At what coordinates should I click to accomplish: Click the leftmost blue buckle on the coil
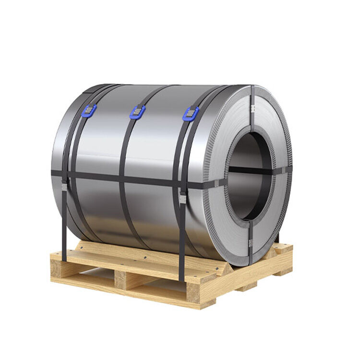coord(89,111)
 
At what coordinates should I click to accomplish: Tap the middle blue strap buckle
coord(137,112)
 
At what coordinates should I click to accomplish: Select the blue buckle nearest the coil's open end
coord(191,114)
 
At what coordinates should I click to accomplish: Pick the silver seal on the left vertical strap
coord(64,185)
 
